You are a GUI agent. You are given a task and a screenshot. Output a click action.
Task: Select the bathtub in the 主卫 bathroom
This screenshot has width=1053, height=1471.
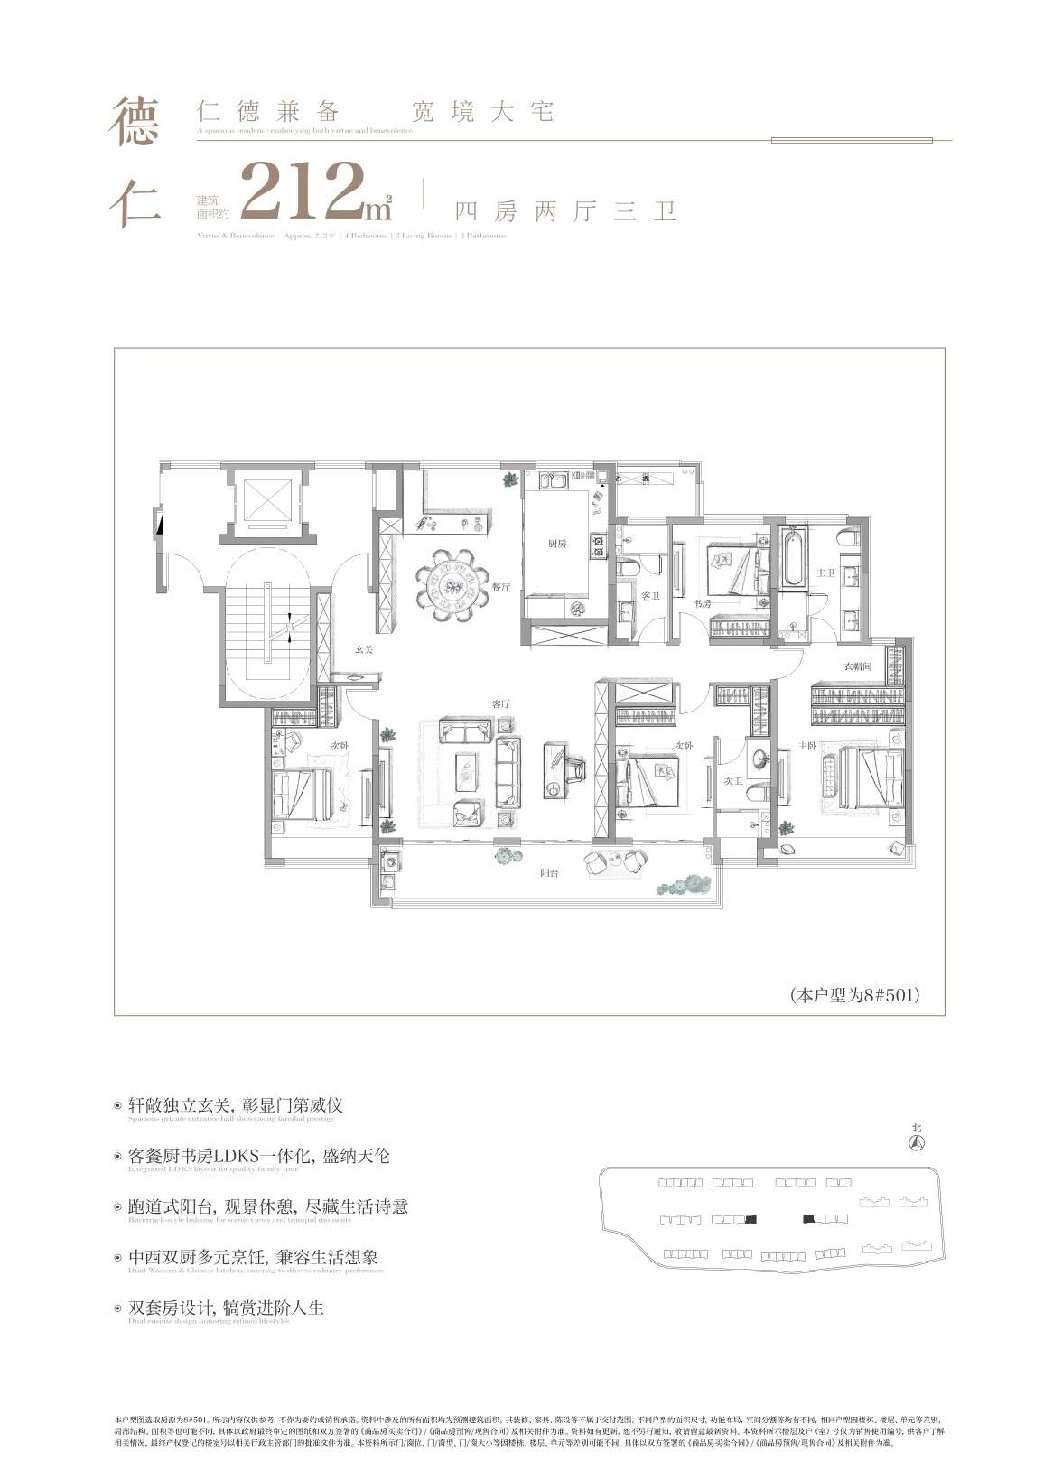[794, 561]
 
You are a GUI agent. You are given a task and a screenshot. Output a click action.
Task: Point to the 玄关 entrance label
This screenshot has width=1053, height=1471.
[364, 648]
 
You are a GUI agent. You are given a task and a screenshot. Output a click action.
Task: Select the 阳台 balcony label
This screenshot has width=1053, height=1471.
[549, 873]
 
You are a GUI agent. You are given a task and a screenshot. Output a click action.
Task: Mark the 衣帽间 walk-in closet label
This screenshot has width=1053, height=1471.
[857, 666]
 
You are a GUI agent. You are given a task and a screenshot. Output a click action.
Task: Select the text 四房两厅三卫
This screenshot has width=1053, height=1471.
[565, 213]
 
